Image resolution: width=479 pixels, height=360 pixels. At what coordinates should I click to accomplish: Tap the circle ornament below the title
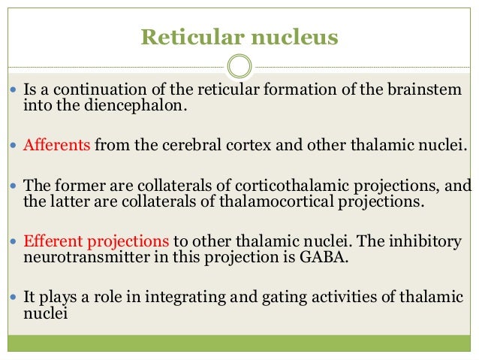pyautogui.click(x=239, y=67)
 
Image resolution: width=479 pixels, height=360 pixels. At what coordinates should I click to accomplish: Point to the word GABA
pyautogui.click(x=326, y=256)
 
